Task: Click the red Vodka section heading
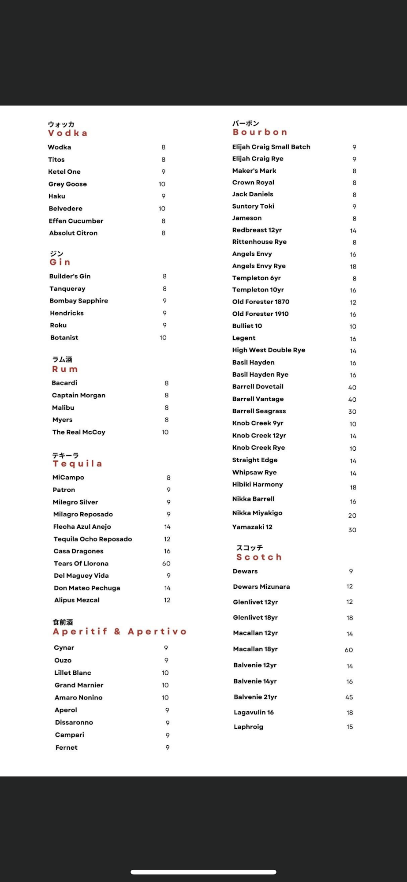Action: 67,133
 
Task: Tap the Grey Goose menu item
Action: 67,184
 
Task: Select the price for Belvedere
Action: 162,209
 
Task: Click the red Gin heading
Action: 60,262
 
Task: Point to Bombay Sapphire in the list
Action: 78,301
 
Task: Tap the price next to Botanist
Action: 163,338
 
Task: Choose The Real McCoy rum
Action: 78,432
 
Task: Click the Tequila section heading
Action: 77,464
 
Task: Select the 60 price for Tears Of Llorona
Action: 166,564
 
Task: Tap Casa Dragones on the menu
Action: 78,551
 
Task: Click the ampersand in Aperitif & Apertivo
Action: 117,632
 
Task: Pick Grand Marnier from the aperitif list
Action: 79,685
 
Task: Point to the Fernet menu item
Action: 66,747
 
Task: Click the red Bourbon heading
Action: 260,132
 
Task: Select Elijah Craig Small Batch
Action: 271,147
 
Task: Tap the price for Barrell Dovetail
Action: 352,388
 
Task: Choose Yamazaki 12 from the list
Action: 252,527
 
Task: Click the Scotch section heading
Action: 259,557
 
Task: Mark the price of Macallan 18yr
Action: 349,650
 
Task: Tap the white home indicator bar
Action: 203,872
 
